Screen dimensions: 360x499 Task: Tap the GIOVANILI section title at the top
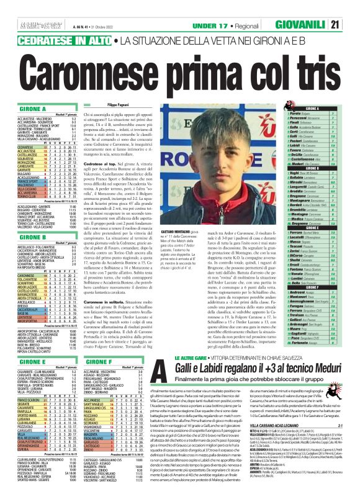pos(313,7)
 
